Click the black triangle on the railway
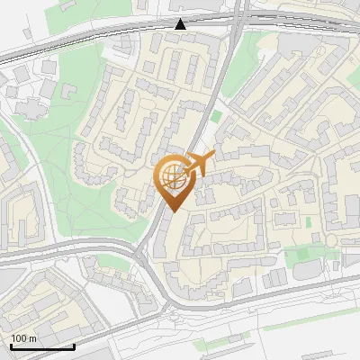pyautogui.click(x=182, y=24)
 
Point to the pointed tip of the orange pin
pyautogui.click(x=172, y=211)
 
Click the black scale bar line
pyautogui.click(x=42, y=346)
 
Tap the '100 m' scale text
pyautogui.click(x=24, y=338)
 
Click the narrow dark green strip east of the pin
pyautogui.click(x=307, y=221)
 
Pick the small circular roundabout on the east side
pyautogui.click(x=331, y=241)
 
